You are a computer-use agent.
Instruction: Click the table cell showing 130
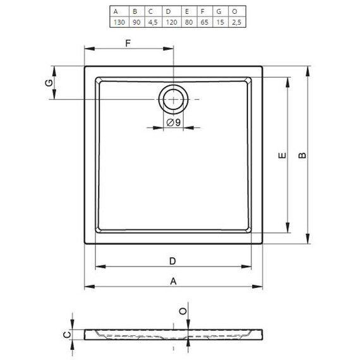tap(119, 22)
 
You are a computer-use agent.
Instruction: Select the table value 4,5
tap(153, 22)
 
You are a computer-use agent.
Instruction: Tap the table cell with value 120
tap(172, 22)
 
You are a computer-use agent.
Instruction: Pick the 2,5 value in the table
tap(236, 22)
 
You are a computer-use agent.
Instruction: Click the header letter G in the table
tap(219, 11)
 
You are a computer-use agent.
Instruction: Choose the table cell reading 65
tap(205, 22)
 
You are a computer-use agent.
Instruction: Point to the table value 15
tap(220, 22)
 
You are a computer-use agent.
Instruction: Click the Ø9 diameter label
tap(174, 123)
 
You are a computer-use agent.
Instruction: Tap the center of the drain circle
tap(173, 99)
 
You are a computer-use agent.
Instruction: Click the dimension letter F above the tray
tap(128, 43)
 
